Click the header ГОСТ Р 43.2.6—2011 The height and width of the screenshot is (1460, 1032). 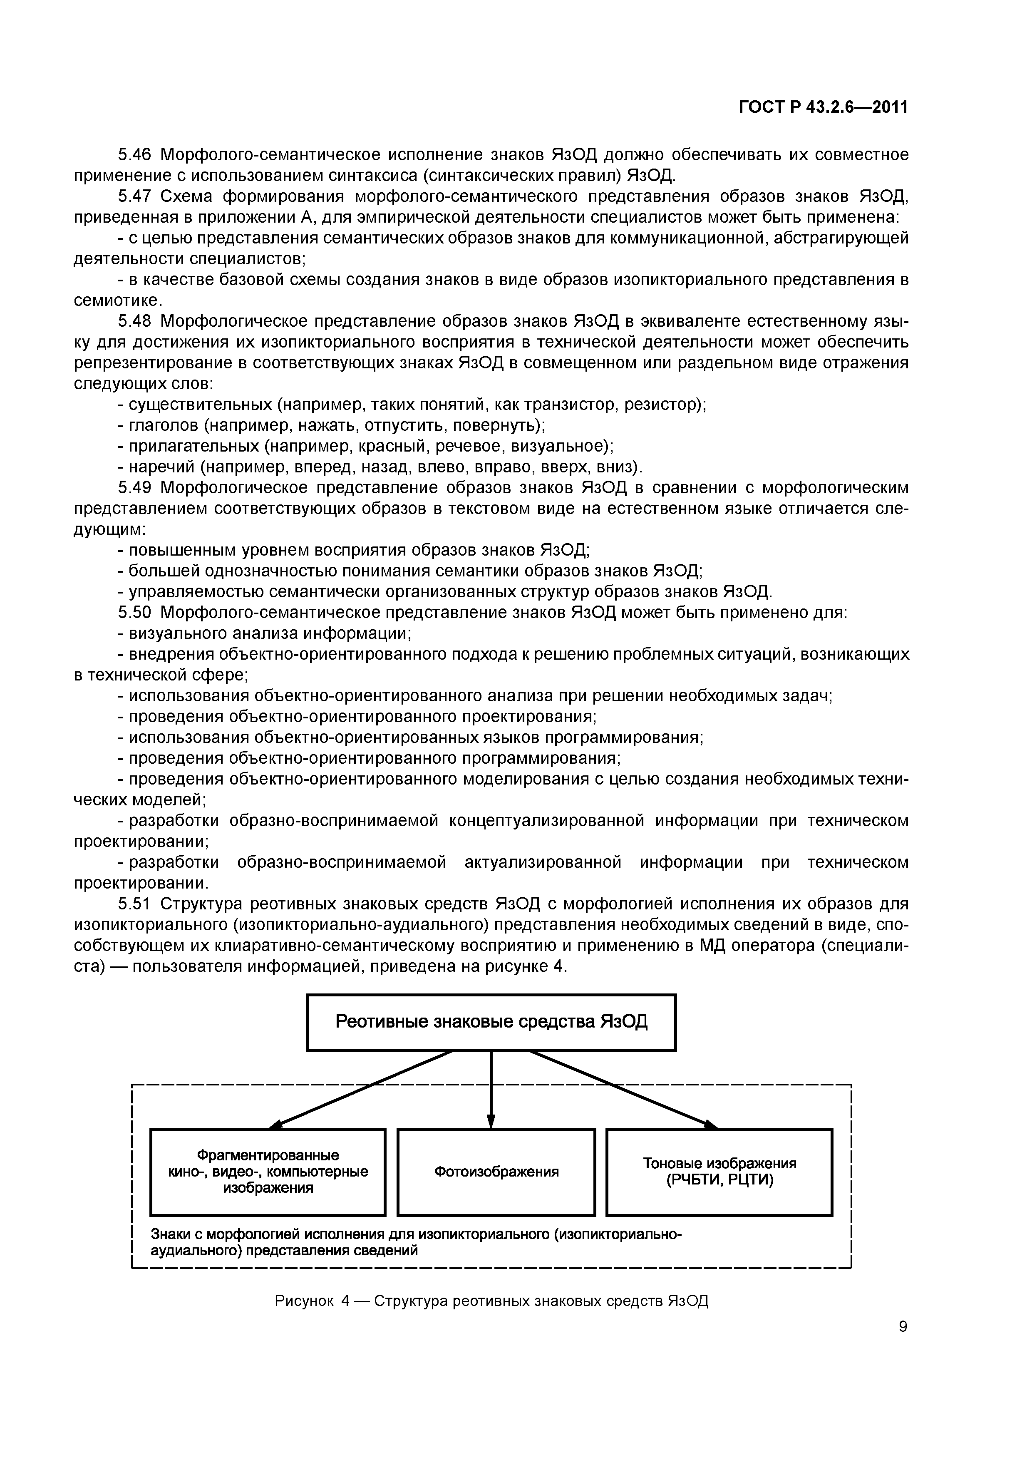click(823, 107)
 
